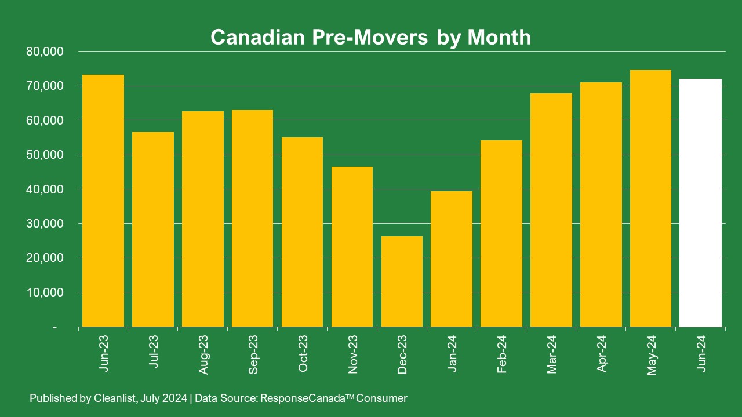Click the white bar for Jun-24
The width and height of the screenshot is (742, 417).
tap(701, 203)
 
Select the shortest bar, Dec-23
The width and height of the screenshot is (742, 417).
tap(402, 281)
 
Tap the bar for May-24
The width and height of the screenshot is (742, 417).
tap(651, 198)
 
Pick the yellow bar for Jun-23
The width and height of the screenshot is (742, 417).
tap(103, 200)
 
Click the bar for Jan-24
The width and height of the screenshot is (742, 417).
tap(452, 259)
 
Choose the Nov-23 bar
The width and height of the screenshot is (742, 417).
tap(352, 247)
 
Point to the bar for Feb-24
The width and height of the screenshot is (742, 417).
tap(501, 233)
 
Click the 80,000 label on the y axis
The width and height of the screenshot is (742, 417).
tap(45, 52)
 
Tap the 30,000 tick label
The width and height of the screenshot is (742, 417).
tap(45, 224)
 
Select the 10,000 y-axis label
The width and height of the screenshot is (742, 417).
tap(45, 292)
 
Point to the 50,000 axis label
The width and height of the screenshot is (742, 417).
tap(45, 155)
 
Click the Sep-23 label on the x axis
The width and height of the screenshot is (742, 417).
tap(253, 353)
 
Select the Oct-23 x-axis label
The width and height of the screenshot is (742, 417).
tap(303, 353)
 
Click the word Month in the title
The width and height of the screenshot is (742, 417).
tap(499, 37)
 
